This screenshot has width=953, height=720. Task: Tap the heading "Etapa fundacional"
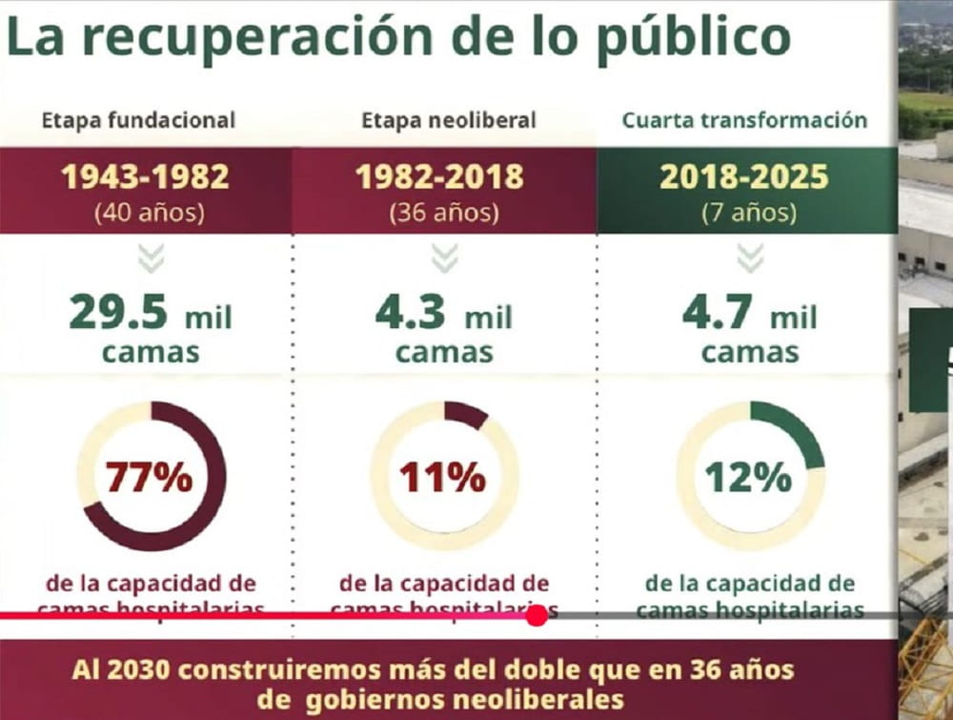coord(138,120)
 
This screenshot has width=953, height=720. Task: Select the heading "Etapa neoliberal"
coord(448,120)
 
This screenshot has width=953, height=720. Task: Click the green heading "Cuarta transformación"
coord(744,120)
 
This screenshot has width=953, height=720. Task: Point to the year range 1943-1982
coord(145,177)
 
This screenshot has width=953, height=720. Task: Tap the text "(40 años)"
coord(148,212)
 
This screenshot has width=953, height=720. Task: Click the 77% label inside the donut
coord(150,477)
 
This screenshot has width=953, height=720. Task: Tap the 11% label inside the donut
coord(442,477)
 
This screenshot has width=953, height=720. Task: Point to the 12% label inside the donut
coord(748,477)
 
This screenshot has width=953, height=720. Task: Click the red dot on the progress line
coord(537,616)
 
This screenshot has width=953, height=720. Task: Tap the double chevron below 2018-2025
coord(750,257)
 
